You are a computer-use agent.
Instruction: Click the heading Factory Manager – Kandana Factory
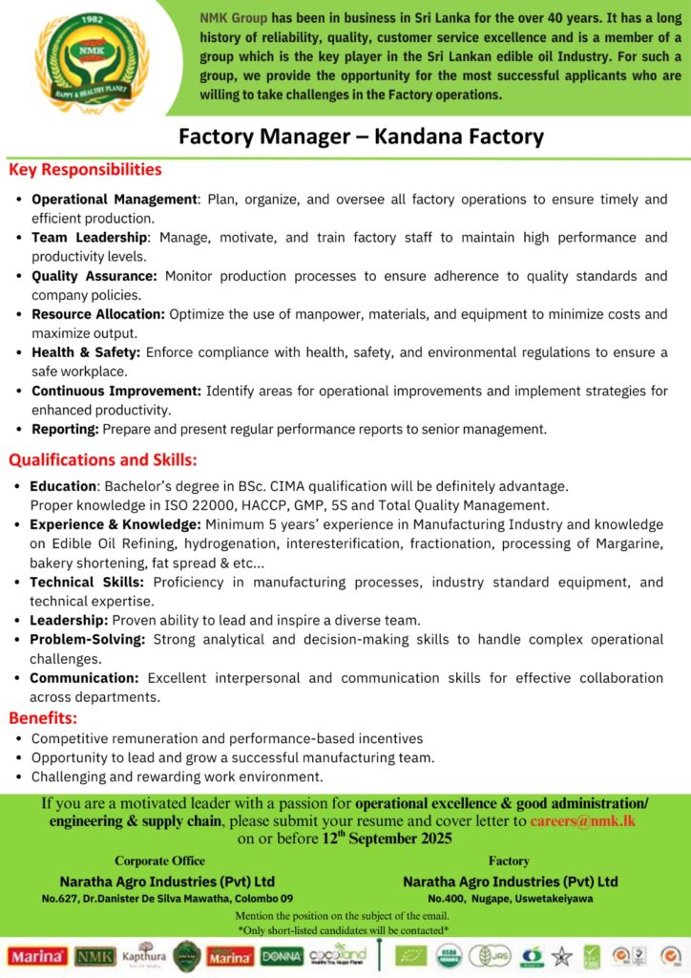[x=361, y=136]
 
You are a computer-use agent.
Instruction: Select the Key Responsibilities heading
[x=85, y=170]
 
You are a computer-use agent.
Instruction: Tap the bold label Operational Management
[x=114, y=200]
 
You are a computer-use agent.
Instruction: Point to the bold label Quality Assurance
[x=94, y=276]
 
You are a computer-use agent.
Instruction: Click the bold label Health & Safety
[x=85, y=352]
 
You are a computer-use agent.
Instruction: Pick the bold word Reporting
[x=65, y=430]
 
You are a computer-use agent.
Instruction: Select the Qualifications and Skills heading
[x=103, y=459]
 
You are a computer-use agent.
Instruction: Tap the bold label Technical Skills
[x=87, y=582]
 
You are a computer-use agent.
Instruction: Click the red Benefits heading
[x=43, y=717]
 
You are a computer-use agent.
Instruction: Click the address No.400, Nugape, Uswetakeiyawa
[x=510, y=899]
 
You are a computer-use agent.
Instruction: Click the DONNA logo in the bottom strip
[x=282, y=955]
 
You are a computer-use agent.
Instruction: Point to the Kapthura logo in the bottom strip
[x=144, y=955]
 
